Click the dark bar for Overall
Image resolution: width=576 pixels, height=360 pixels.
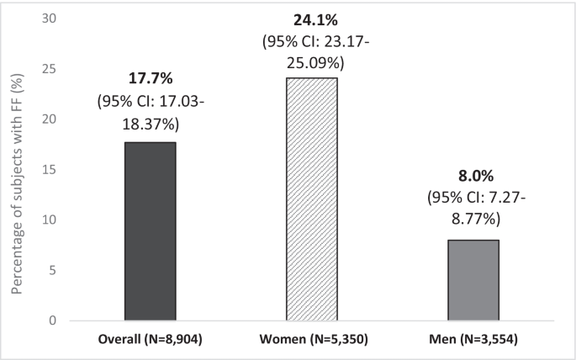pos(151,231)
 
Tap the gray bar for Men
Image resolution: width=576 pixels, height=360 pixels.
pos(474,280)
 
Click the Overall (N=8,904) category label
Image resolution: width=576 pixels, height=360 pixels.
pos(151,340)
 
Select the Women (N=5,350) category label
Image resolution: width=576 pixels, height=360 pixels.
pos(313,340)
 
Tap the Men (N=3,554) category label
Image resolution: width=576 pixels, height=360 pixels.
pos(474,340)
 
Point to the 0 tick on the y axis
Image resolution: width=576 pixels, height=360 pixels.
pos(52,320)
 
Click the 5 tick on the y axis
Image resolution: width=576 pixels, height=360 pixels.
pos(52,270)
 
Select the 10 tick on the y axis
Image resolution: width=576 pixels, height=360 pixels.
pos(49,220)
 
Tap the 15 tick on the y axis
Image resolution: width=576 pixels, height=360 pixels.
pos(49,169)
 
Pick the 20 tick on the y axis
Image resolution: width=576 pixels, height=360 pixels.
pos(49,119)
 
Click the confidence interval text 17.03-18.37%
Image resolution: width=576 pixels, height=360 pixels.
pos(151,114)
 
